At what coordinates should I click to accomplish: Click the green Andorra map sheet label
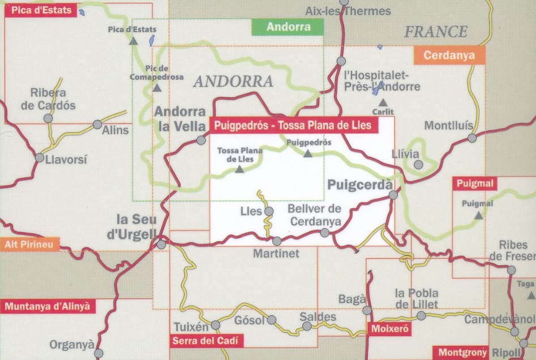288,27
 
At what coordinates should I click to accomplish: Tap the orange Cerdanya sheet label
449,55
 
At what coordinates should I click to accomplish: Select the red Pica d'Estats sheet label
40,11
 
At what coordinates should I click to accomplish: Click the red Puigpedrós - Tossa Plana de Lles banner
294,125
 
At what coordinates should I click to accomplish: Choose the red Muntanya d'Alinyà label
48,306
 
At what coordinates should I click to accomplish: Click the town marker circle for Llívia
418,164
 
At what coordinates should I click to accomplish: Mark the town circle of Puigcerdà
393,195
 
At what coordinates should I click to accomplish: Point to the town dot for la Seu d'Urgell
161,245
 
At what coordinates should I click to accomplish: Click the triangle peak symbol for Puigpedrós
308,153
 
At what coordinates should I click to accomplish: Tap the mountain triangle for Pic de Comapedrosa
156,88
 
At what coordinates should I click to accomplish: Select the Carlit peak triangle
383,102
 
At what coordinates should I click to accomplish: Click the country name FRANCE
435,32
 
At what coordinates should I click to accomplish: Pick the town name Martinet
276,254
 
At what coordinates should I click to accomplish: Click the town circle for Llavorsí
39,157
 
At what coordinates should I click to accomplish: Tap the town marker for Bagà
367,310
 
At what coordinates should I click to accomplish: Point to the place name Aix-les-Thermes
348,11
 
